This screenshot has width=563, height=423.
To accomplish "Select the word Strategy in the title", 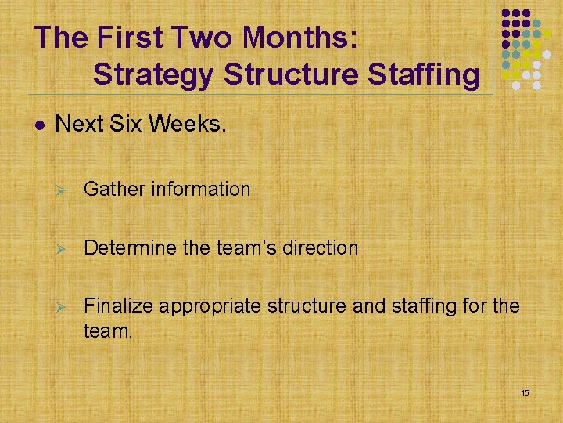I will (153, 74).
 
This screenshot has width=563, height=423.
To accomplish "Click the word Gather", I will (112, 189).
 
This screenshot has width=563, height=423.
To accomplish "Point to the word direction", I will (320, 248).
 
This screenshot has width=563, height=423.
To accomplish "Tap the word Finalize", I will (118, 305).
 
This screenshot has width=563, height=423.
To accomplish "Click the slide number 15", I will (525, 392).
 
